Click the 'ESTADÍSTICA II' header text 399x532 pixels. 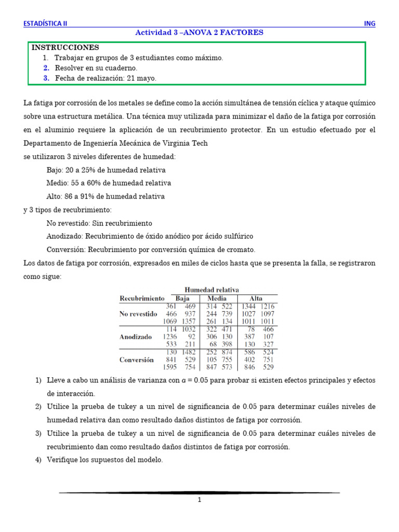pos(45,23)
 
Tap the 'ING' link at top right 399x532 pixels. pos(369,23)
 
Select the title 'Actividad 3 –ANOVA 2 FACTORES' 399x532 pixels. pos(199,32)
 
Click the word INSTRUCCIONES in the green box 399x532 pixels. pos(65,47)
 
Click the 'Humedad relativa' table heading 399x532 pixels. pos(211,289)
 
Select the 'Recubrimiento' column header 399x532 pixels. pos(142,299)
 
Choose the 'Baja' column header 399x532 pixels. pos(182,299)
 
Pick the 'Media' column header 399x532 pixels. pos(217,299)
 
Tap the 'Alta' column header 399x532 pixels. pos(256,299)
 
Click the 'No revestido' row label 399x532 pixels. pos(138,314)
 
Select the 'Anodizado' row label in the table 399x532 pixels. pos(136,337)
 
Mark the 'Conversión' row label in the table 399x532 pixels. pos(137,360)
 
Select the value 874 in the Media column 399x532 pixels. pos(226,352)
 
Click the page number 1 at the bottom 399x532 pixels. pos(199,500)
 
